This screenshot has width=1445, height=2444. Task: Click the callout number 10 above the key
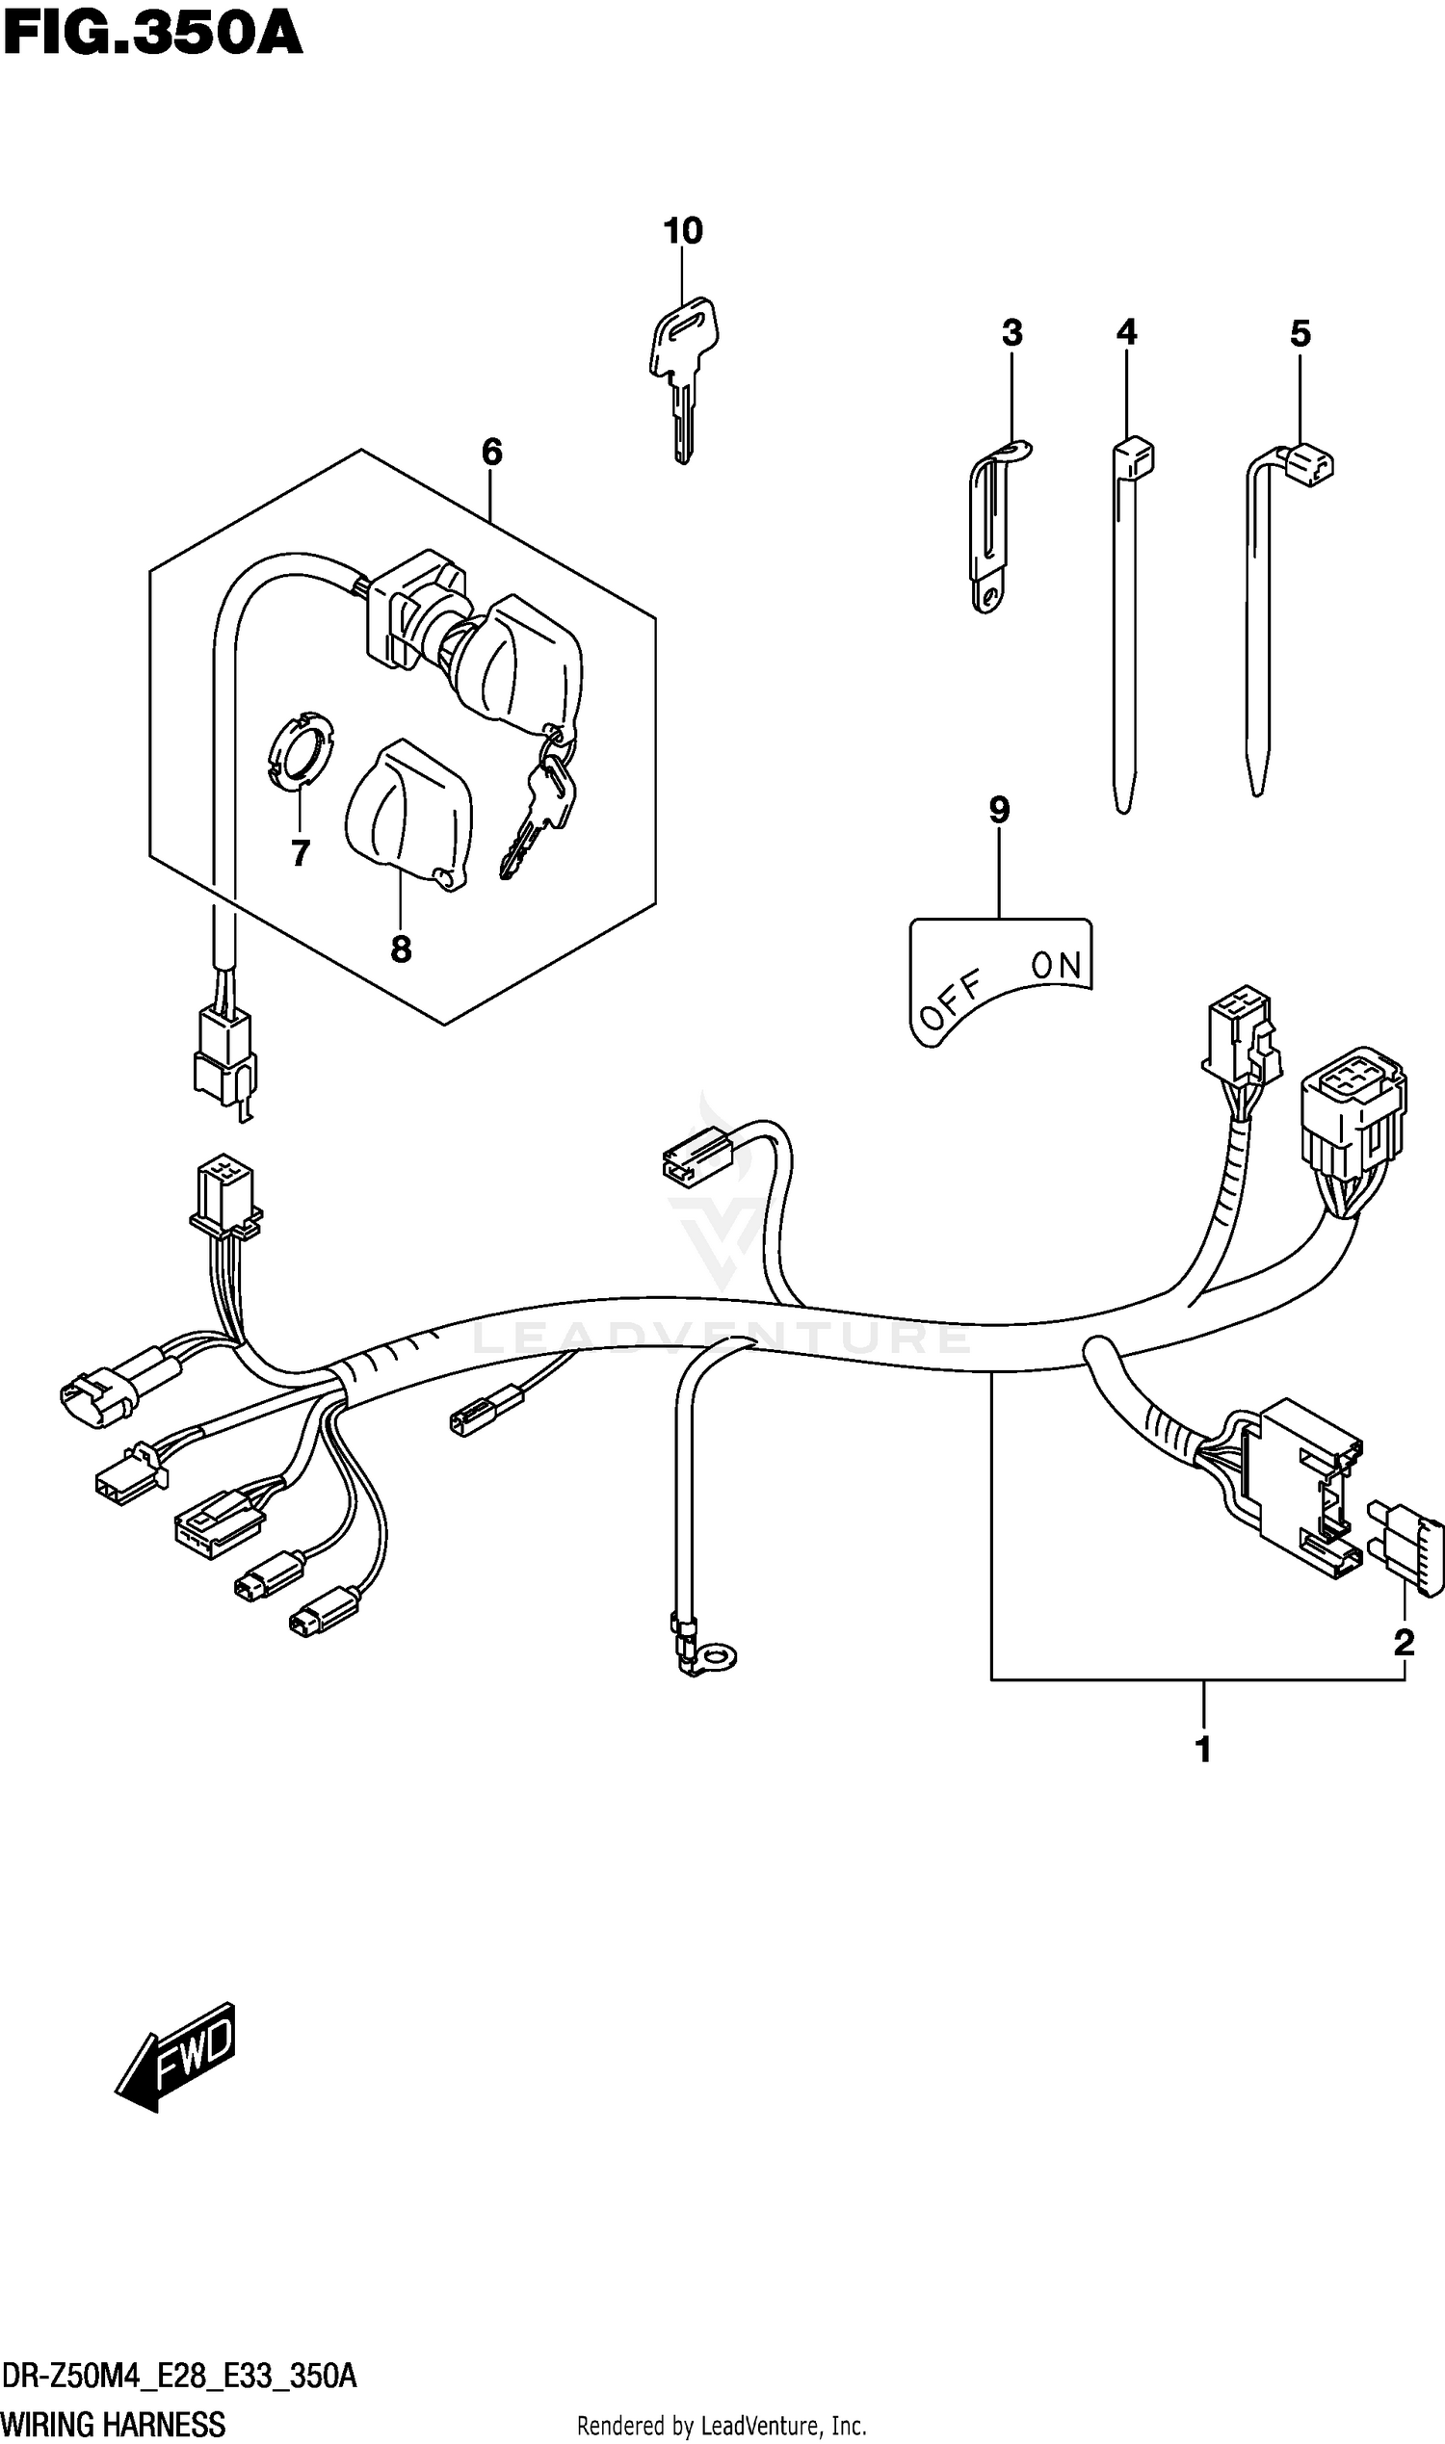pos(683,232)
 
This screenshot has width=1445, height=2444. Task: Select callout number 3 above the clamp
pos(1011,334)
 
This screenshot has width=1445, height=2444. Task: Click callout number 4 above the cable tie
pos(1125,333)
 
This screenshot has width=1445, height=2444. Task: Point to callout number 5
pos(1300,335)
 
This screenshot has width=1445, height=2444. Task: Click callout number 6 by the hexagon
pos(491,452)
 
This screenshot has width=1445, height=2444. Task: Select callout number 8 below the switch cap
pos(401,949)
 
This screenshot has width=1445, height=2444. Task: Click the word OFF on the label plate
pos(951,1001)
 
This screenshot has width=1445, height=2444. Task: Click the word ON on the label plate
pos(1056,965)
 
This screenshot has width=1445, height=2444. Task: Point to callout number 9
pos(999,810)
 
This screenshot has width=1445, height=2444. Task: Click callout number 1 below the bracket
pos(1202,1749)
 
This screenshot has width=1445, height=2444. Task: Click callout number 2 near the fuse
pos(1404,1643)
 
